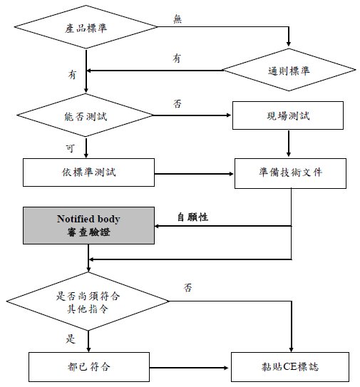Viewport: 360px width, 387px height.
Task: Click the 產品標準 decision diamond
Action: [86, 27]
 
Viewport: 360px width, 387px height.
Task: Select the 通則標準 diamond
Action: [289, 70]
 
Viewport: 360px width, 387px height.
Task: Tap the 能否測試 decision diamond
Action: [85, 115]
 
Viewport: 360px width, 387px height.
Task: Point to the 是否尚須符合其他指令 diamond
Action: [88, 301]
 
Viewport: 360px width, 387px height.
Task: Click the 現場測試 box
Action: [288, 115]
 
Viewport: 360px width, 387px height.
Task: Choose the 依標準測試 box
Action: [88, 172]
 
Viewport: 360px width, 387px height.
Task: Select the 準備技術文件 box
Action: [290, 173]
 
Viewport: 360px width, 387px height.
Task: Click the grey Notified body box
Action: [88, 226]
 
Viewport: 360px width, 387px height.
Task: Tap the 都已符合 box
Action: [89, 367]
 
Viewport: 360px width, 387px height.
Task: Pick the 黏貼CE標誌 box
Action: [290, 367]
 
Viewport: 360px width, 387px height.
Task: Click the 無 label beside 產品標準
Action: [178, 19]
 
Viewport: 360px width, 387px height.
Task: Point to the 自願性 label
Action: [193, 217]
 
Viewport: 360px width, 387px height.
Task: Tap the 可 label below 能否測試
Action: [71, 148]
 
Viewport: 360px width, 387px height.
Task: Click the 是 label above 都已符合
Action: [71, 339]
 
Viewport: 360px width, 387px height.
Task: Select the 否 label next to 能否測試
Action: [178, 103]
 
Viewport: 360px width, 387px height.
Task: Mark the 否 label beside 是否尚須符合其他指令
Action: [187, 287]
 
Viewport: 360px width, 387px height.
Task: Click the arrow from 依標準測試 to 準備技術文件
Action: [194, 174]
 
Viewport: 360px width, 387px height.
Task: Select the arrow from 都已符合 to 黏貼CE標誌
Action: [189, 368]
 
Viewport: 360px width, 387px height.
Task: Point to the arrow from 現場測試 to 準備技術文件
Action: [289, 143]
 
